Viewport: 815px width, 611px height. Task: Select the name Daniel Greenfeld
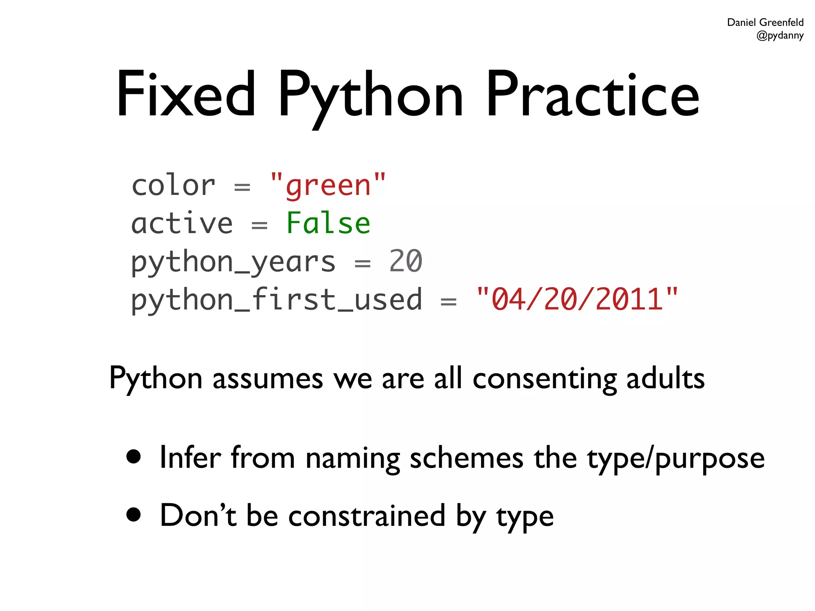pyautogui.click(x=765, y=22)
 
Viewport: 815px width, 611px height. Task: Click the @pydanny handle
pyautogui.click(x=780, y=35)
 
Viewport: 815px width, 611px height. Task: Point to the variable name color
pyautogui.click(x=173, y=185)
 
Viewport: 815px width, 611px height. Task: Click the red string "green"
pyautogui.click(x=328, y=185)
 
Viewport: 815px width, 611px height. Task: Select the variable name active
pyautogui.click(x=182, y=223)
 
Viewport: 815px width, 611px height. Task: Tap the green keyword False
pyautogui.click(x=328, y=223)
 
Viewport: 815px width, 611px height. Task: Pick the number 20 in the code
pyautogui.click(x=405, y=261)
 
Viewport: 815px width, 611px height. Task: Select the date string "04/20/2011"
pyautogui.click(x=577, y=299)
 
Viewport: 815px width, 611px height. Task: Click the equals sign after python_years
pyautogui.click(x=362, y=263)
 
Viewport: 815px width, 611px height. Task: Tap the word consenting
pyautogui.click(x=544, y=379)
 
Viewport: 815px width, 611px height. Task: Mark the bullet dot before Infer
pyautogui.click(x=134, y=457)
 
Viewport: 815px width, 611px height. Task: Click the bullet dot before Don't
pyautogui.click(x=134, y=514)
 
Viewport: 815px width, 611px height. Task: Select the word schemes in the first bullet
pyautogui.click(x=466, y=458)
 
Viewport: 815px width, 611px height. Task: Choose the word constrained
pyautogui.click(x=367, y=516)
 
